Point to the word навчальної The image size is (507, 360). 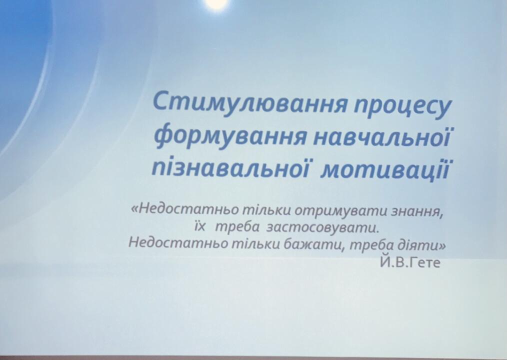(x=382, y=136)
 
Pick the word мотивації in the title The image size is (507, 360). (x=385, y=169)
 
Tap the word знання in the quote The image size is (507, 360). (x=417, y=211)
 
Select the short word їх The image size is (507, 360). (x=200, y=226)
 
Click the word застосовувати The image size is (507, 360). (x=322, y=227)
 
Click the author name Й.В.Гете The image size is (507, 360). (x=410, y=262)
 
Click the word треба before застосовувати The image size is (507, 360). (x=237, y=227)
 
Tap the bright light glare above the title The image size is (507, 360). (x=216, y=2)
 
